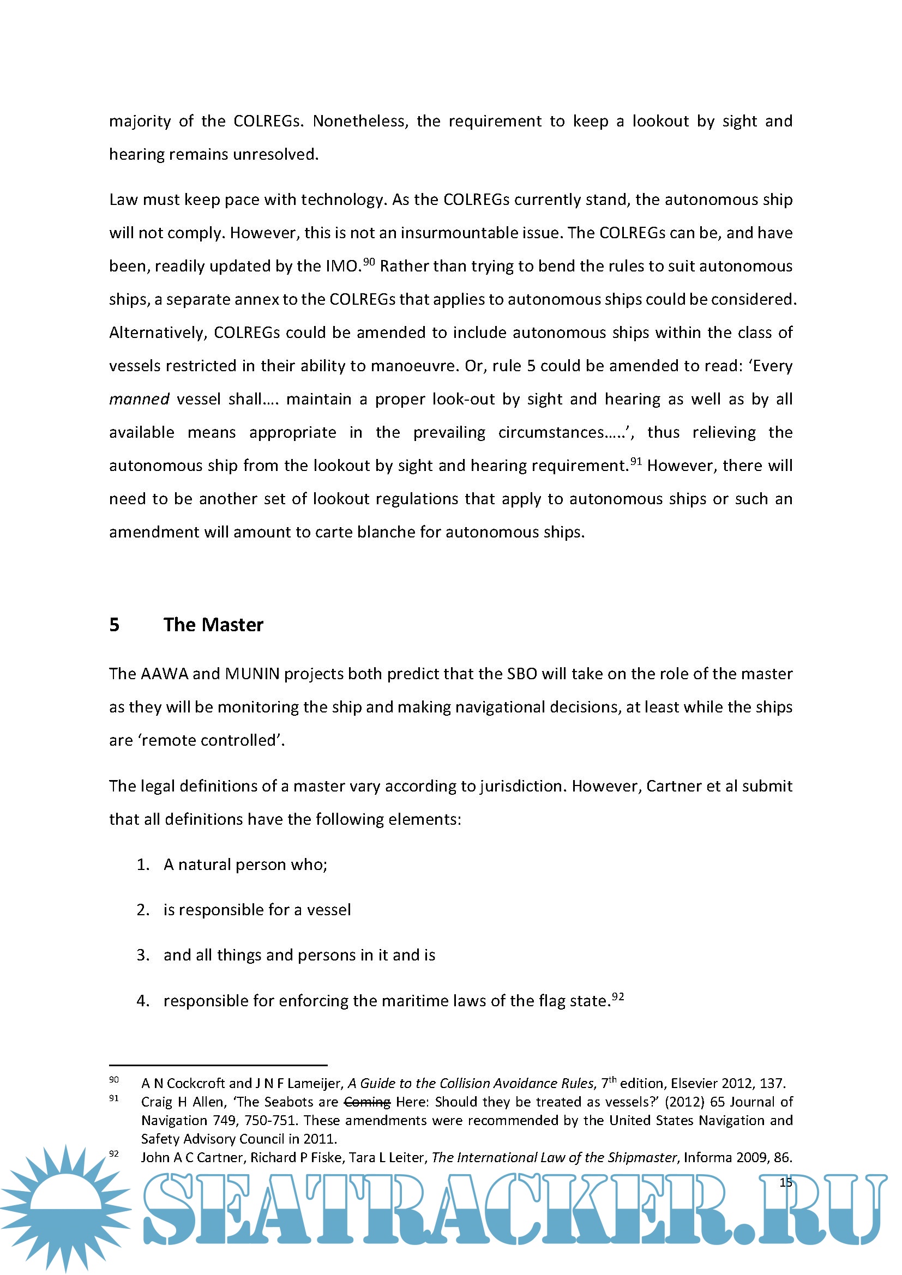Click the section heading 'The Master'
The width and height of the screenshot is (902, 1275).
coord(213,625)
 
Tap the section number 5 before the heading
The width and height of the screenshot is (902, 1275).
coord(115,625)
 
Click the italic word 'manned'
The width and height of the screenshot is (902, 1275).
coord(139,399)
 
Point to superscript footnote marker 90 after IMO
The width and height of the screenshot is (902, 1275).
coord(369,262)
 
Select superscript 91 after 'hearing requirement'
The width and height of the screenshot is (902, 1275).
coord(636,461)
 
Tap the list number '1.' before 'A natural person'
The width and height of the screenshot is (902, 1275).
coord(143,865)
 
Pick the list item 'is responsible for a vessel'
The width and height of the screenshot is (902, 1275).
coord(257,910)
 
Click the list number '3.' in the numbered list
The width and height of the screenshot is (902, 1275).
coord(143,954)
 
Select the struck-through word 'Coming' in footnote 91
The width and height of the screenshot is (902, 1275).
coord(367,1102)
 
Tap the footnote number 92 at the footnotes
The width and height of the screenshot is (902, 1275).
coord(114,1154)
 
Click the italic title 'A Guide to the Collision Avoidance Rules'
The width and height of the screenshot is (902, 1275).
coord(471,1084)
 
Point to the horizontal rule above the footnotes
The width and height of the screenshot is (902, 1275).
coord(218,1066)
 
